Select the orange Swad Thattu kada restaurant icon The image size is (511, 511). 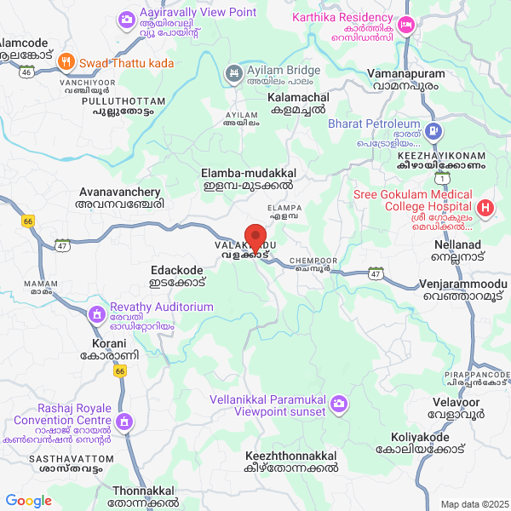pos(66,62)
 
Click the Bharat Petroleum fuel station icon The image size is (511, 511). pos(433,130)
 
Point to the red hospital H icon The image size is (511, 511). pos(485,207)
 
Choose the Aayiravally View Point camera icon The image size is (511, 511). pos(127,18)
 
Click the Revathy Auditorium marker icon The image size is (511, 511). pos(97,314)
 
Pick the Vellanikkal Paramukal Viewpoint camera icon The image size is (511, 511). pos(340,402)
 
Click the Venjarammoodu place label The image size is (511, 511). pos(462,289)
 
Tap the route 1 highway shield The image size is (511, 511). pos(442,178)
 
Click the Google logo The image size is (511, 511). pos(29,501)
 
